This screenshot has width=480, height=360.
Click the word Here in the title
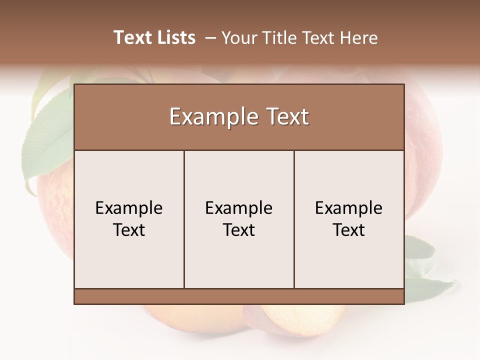tap(358, 38)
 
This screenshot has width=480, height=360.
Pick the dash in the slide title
tap(210, 38)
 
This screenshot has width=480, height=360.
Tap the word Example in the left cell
tap(129, 208)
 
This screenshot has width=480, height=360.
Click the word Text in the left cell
tap(129, 230)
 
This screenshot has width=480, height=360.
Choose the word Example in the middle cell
tap(239, 208)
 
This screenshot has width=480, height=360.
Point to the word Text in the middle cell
tap(239, 230)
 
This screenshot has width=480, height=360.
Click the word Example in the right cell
tap(348, 208)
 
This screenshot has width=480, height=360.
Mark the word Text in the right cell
tap(348, 230)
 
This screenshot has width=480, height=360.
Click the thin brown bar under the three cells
tap(239, 296)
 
